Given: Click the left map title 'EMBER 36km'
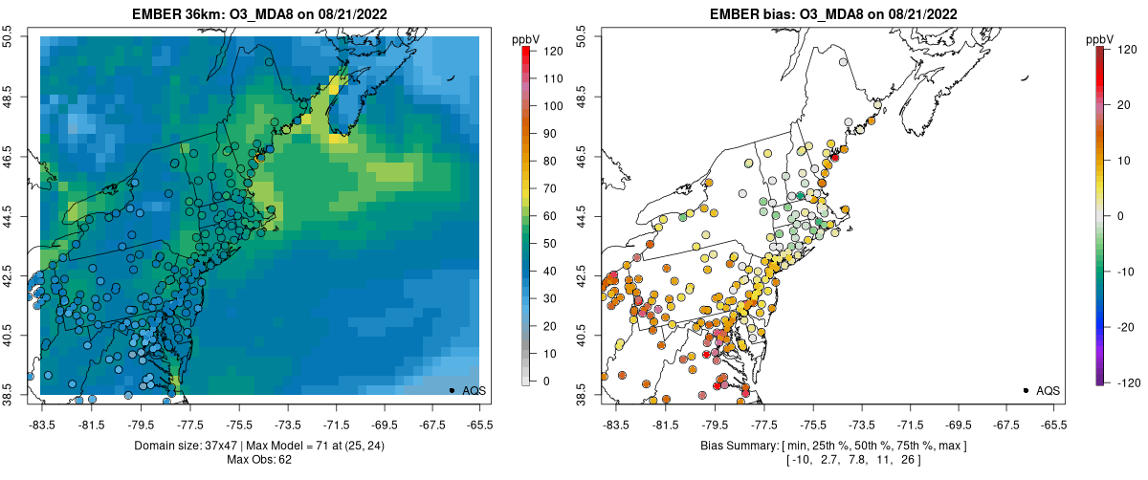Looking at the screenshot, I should tap(178, 14).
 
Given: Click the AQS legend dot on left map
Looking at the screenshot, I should tap(452, 390).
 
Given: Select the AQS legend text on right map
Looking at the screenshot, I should tap(1049, 390).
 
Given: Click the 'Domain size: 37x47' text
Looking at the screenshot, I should tap(191, 446).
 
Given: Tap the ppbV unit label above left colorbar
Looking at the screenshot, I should tap(526, 39).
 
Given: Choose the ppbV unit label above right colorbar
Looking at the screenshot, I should tap(1100, 39).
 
